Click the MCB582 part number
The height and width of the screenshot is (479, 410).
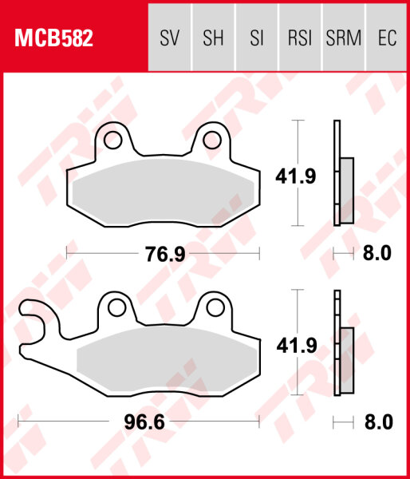click(x=53, y=38)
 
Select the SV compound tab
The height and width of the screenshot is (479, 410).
click(x=170, y=38)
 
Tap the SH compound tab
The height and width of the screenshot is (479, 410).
click(x=213, y=38)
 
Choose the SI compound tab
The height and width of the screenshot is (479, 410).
click(x=256, y=38)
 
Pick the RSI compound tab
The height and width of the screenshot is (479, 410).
click(x=299, y=38)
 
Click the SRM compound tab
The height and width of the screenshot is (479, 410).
click(x=343, y=38)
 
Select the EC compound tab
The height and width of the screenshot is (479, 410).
click(x=386, y=38)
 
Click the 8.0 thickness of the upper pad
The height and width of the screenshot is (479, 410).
click(x=377, y=254)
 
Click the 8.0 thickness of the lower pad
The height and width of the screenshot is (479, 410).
click(x=377, y=422)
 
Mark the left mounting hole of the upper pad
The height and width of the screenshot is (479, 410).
click(x=112, y=141)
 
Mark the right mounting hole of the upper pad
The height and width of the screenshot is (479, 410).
click(x=211, y=141)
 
